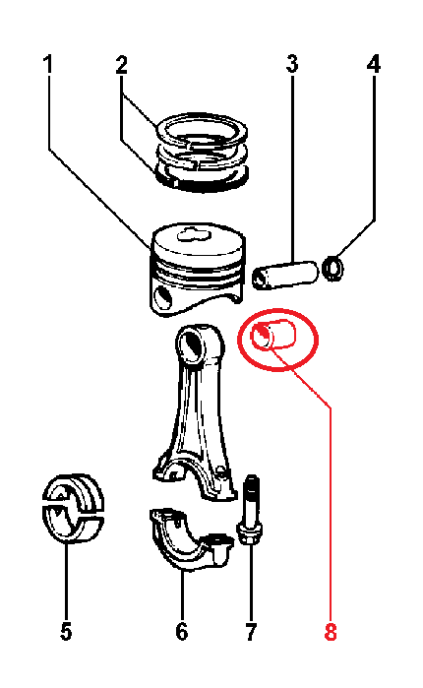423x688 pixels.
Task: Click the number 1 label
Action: tap(48, 64)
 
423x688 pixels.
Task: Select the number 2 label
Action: tap(121, 64)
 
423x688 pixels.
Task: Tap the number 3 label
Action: tap(292, 64)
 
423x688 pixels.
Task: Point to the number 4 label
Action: tap(374, 64)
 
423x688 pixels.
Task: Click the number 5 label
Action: tap(66, 632)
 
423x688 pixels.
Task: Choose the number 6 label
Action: tap(181, 632)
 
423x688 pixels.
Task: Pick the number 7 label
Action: tap(250, 632)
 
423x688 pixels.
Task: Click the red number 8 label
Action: tap(331, 632)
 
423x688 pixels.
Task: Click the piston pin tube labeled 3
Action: tap(284, 276)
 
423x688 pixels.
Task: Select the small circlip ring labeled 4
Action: tap(333, 268)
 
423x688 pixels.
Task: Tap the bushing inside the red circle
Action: tap(273, 336)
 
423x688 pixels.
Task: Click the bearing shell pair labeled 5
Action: tap(73, 508)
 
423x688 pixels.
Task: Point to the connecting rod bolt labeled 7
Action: tap(250, 510)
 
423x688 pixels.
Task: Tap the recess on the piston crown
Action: tap(192, 234)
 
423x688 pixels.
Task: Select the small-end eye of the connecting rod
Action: tap(193, 344)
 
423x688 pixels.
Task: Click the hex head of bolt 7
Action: tap(250, 532)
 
